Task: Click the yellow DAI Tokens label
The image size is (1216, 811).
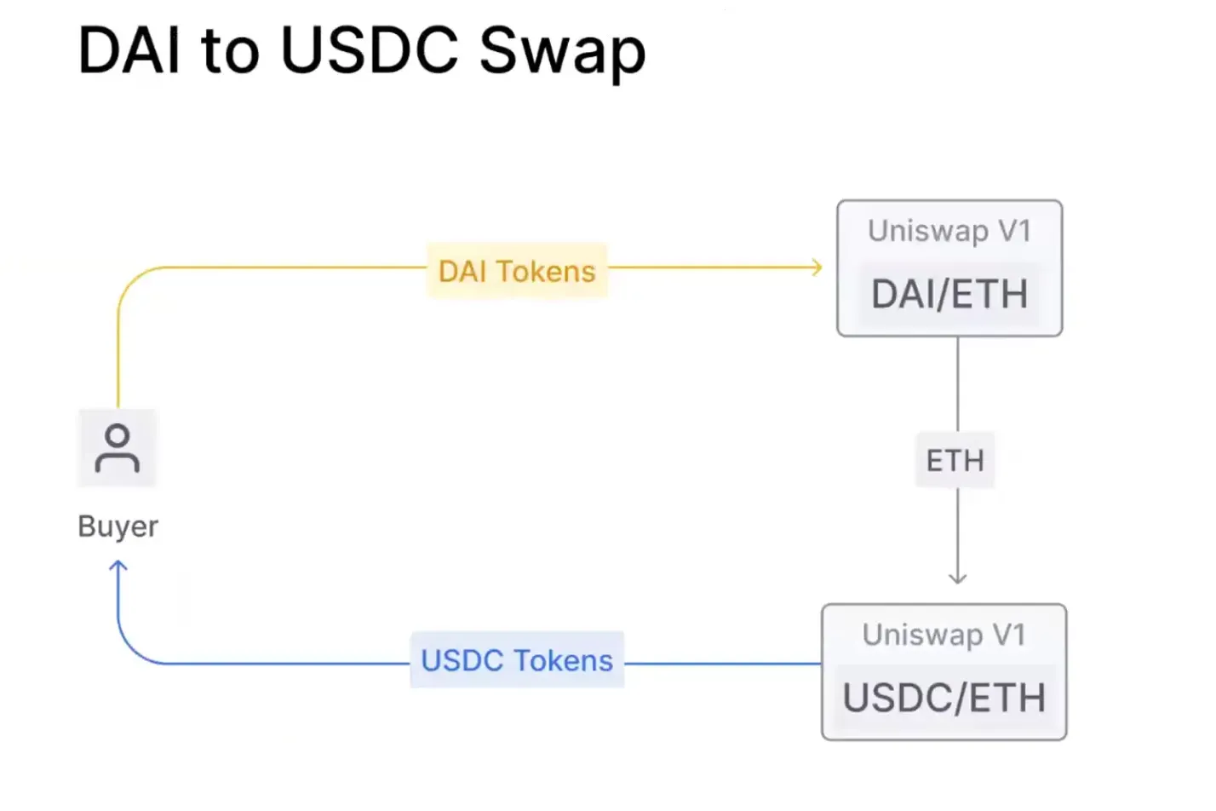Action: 517,271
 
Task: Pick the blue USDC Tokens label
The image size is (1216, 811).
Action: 517,660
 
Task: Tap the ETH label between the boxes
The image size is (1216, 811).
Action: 955,461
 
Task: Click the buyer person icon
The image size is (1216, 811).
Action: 118,448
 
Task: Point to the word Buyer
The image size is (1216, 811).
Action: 118,526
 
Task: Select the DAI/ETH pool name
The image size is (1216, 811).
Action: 949,295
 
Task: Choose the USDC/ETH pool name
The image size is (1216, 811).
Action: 944,699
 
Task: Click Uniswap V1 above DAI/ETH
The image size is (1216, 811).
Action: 949,231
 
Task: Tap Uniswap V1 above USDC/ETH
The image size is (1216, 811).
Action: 944,635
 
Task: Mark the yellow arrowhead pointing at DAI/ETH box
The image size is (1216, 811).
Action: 817,267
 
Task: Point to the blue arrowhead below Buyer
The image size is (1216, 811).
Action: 118,566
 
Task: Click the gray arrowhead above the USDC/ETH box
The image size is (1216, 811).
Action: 958,578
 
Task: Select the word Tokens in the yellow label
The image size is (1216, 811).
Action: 546,271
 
